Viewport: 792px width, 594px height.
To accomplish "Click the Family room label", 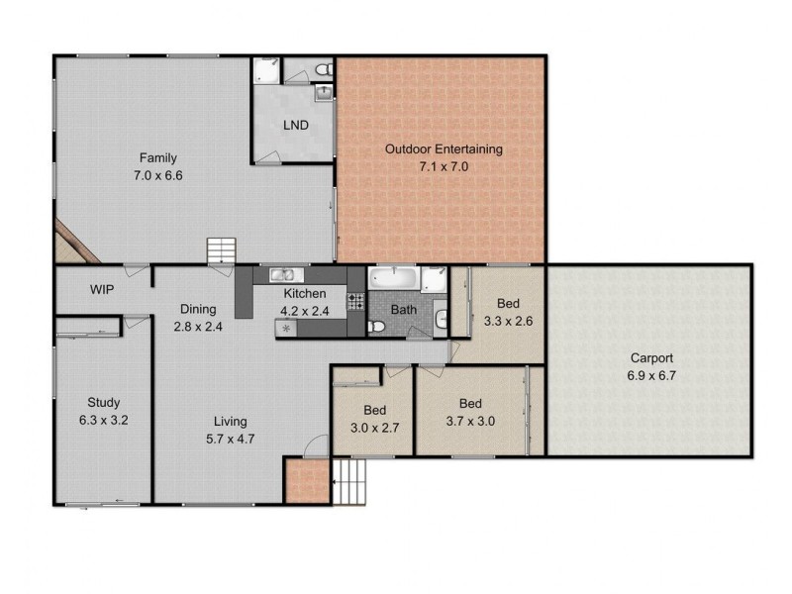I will (159, 158).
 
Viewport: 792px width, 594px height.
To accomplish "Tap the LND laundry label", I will (294, 126).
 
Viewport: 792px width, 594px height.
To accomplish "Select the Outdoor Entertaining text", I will (444, 149).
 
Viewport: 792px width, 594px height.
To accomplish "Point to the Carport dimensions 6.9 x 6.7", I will (650, 376).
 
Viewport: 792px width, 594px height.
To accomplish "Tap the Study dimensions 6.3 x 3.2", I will (103, 420).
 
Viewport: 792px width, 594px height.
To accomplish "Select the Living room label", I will (230, 421).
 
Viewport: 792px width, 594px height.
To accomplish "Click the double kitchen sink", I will (282, 275).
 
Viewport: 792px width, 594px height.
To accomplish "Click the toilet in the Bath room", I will (375, 327).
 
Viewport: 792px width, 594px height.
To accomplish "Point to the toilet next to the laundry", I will (322, 69).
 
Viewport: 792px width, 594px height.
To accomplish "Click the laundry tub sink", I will (324, 93).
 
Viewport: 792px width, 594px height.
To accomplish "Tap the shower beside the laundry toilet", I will (266, 71).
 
